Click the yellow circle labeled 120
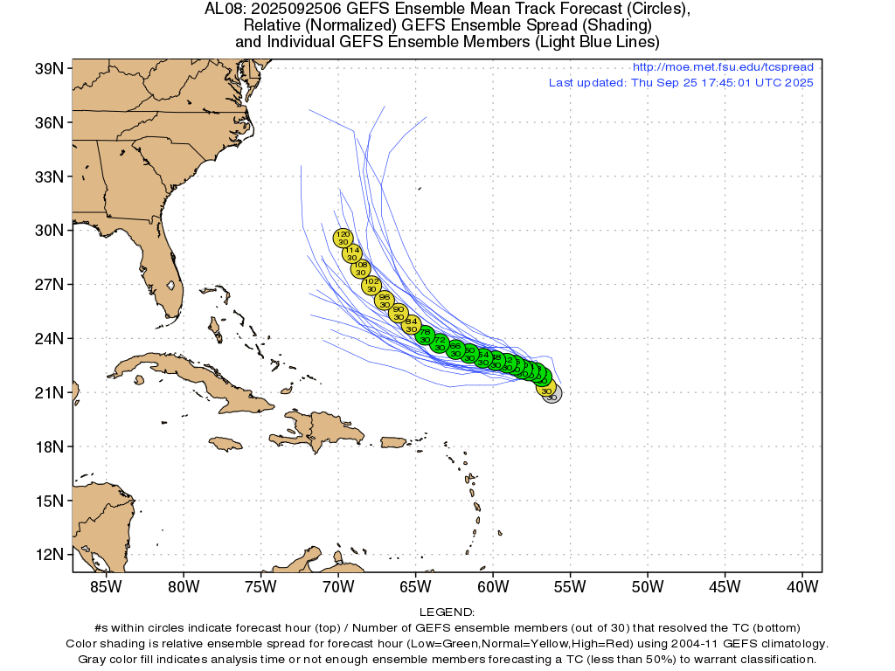point(343,238)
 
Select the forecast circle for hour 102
point(371,285)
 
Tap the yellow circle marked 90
point(399,313)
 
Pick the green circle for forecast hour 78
point(425,335)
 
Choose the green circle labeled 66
point(454,349)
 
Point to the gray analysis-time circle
point(552,393)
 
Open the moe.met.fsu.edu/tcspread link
point(722,67)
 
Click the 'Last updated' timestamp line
point(681,83)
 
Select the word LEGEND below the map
point(447,612)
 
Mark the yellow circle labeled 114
point(351,253)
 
